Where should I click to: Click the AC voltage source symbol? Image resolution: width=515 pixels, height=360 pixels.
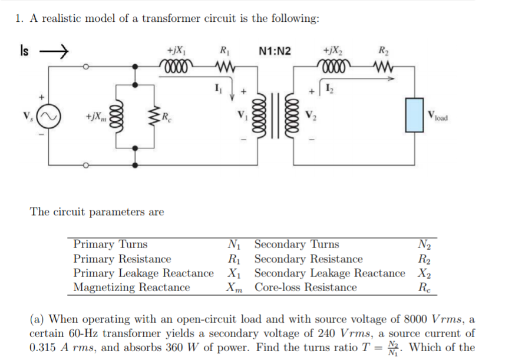(48, 116)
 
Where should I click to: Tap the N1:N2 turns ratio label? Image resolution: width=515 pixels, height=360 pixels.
(275, 50)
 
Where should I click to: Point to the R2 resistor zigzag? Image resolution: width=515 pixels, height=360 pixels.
(384, 65)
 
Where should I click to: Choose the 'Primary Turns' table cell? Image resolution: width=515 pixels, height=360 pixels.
(110, 244)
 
